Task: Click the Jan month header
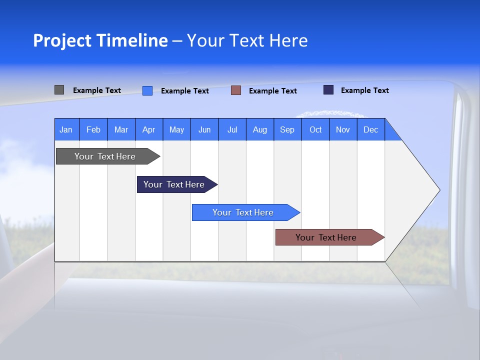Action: pyautogui.click(x=66, y=129)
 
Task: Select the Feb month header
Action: pyautogui.click(x=93, y=129)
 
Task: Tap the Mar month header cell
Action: pyautogui.click(x=121, y=129)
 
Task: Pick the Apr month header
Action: pyautogui.click(x=149, y=129)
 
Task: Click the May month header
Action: pyautogui.click(x=176, y=129)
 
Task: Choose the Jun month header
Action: pyautogui.click(x=204, y=129)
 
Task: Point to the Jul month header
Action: pyautogui.click(x=232, y=129)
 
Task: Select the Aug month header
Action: pyautogui.click(x=260, y=129)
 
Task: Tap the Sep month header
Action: pyautogui.click(x=287, y=129)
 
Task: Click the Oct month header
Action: pyautogui.click(x=315, y=129)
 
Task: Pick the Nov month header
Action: pyautogui.click(x=343, y=129)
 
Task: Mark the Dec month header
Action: pyautogui.click(x=371, y=129)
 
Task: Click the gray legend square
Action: pyautogui.click(x=59, y=90)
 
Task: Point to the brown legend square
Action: pyautogui.click(x=236, y=90)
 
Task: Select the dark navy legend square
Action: pyautogui.click(x=328, y=90)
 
